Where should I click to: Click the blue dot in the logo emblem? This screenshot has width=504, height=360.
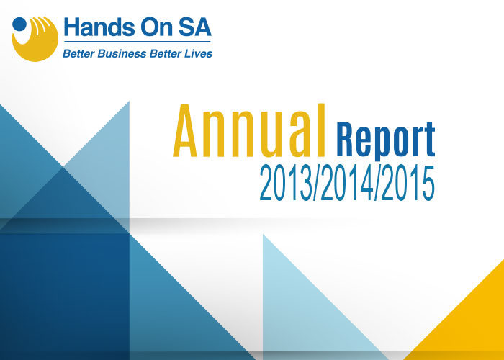(x=19, y=24)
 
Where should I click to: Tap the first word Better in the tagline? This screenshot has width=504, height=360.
(x=78, y=53)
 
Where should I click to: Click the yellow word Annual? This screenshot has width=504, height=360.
(x=249, y=130)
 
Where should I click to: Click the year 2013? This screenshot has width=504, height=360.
(x=286, y=183)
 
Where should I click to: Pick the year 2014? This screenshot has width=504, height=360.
(x=347, y=183)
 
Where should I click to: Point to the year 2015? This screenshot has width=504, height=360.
(x=408, y=183)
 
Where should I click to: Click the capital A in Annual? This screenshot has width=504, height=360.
(x=185, y=130)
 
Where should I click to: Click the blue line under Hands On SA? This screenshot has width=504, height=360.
(x=138, y=42)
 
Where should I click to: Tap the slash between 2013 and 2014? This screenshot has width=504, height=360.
(x=317, y=184)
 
